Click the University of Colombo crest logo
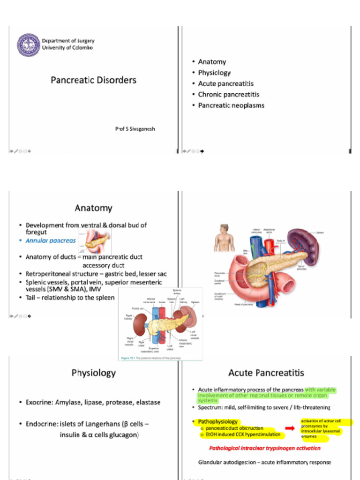(29, 45)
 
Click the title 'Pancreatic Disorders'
(93, 80)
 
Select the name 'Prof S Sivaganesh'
(135, 128)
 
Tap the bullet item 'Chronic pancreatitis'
(228, 95)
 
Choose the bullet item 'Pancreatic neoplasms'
(231, 105)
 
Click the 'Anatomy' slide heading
(93, 208)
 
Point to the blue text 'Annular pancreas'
(51, 240)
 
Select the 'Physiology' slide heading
(93, 373)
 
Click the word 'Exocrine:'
(39, 402)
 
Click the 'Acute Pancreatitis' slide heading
(266, 373)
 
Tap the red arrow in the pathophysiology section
(290, 428)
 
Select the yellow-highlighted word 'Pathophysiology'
(217, 422)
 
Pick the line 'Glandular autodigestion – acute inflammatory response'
(264, 462)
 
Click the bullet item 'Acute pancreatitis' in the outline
(225, 83)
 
